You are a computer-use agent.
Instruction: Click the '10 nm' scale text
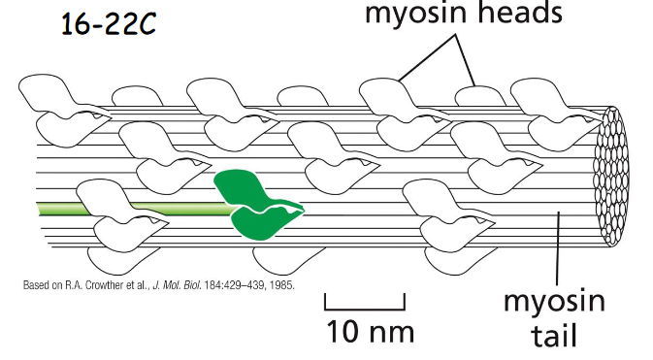[x=368, y=330]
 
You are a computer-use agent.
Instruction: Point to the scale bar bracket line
[x=366, y=303]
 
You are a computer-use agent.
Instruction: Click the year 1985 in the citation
[x=281, y=286]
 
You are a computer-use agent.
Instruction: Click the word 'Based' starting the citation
[x=36, y=286]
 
